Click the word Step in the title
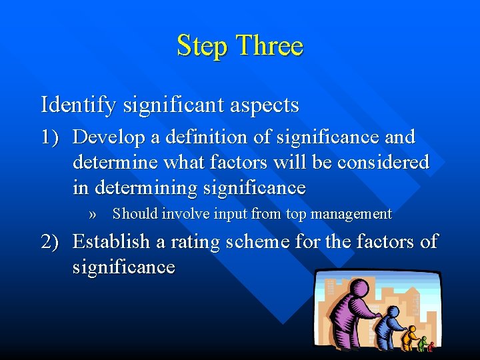202,46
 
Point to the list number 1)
53,137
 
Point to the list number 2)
53,241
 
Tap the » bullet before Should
93,215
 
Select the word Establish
111,241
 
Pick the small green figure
422,343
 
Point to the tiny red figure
431,346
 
